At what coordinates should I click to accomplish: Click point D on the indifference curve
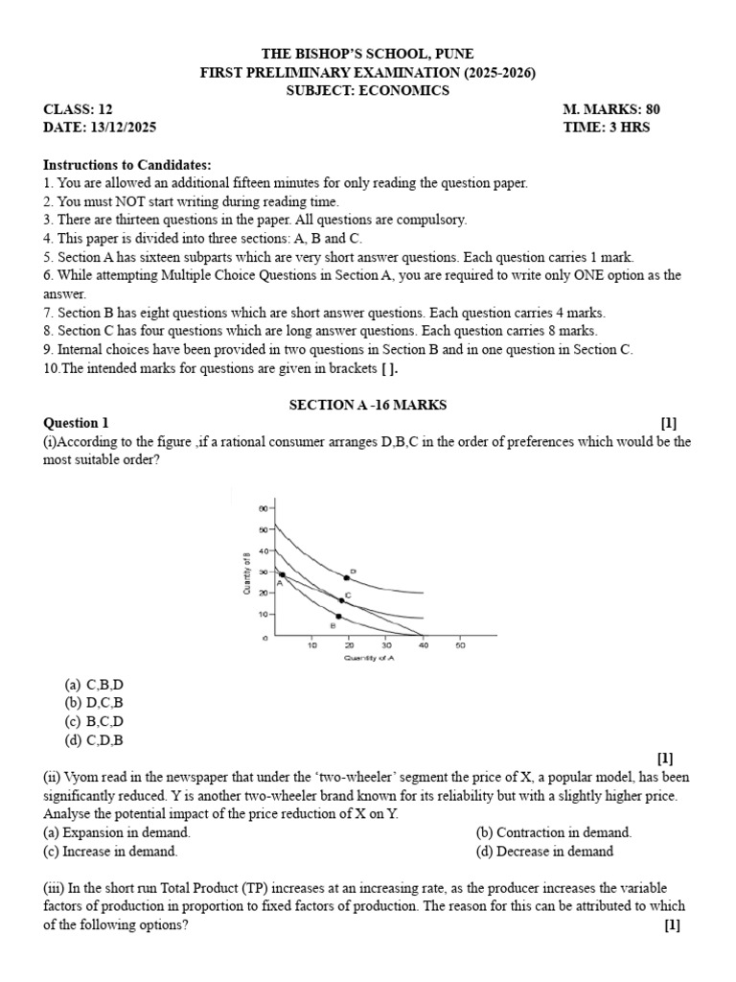tap(346, 578)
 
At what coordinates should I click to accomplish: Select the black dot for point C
tap(342, 601)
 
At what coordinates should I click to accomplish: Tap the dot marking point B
tap(338, 616)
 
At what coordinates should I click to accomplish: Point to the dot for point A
tap(282, 574)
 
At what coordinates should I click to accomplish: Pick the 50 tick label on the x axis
tap(459, 645)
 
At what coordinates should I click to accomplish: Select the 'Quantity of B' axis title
tap(247, 573)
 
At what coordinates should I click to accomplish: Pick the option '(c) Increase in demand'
tap(110, 851)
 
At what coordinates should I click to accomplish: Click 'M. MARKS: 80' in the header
tap(611, 109)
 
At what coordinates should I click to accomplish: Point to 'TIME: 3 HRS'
tap(607, 128)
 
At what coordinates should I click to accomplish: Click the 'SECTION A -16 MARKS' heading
tap(368, 406)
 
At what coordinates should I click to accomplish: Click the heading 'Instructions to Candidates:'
tap(127, 165)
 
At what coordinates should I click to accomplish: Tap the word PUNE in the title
tap(453, 54)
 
